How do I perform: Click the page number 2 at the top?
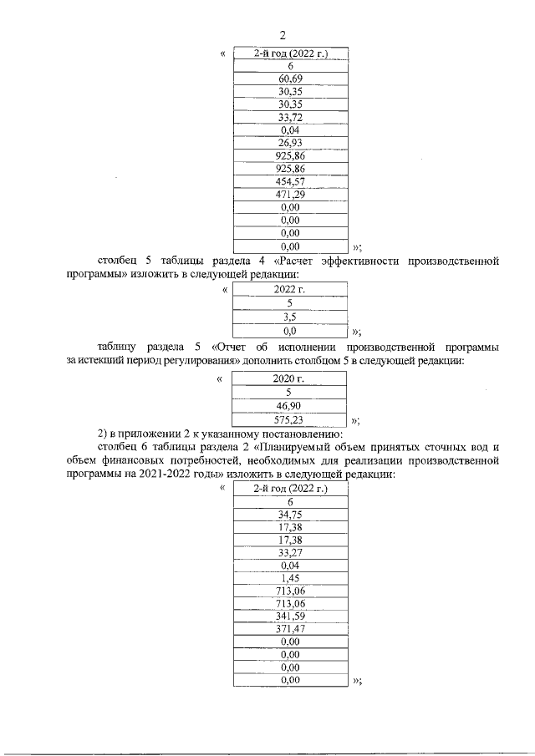(x=283, y=35)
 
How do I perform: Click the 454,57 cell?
(x=290, y=182)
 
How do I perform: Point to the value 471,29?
(x=290, y=195)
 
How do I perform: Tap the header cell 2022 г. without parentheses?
(x=290, y=289)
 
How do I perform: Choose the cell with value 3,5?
(x=290, y=317)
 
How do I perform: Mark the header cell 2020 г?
(x=290, y=378)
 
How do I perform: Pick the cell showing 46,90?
(x=290, y=407)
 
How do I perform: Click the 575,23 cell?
(x=290, y=420)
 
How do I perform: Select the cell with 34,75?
(x=290, y=515)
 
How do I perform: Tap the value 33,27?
(x=290, y=553)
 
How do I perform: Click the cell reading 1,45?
(x=290, y=579)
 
